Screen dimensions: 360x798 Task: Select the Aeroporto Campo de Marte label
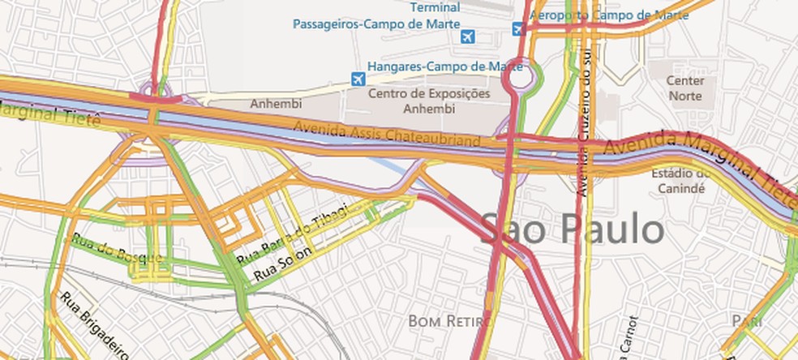(609, 15)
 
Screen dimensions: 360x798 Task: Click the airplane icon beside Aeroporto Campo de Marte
(518, 29)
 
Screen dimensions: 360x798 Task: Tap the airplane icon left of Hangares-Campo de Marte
(357, 79)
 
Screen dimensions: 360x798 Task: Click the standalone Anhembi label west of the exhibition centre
(276, 104)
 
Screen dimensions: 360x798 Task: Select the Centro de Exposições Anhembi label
(429, 101)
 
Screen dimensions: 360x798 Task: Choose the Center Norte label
(685, 88)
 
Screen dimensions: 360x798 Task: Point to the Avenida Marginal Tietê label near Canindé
(697, 154)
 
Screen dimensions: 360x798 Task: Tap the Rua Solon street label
(283, 266)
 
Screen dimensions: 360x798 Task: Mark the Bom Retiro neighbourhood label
(450, 321)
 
